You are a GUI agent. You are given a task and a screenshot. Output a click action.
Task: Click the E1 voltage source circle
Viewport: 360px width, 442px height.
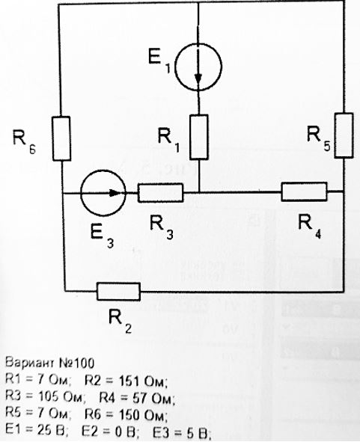(x=175, y=67)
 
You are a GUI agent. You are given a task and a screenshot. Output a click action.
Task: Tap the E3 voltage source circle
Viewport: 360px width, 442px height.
(x=81, y=193)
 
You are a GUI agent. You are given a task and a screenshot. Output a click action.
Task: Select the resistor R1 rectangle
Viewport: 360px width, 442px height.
(x=199, y=137)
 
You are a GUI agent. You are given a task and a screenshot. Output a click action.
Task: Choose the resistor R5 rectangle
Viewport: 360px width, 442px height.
(x=344, y=135)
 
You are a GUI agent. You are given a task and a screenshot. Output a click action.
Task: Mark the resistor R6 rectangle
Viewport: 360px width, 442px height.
(x=61, y=138)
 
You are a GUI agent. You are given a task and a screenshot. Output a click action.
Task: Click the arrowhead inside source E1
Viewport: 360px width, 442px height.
(x=198, y=79)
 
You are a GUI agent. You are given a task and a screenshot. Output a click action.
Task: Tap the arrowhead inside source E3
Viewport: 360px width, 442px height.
(x=115, y=193)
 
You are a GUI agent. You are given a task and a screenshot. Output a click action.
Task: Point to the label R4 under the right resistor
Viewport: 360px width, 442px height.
(x=310, y=227)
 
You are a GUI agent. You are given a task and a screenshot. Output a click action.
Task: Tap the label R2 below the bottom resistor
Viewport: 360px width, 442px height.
(x=120, y=322)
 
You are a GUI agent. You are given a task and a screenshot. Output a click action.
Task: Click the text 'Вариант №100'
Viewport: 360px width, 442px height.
(x=49, y=363)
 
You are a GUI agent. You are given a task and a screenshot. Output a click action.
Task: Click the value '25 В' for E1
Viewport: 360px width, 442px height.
(x=52, y=431)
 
